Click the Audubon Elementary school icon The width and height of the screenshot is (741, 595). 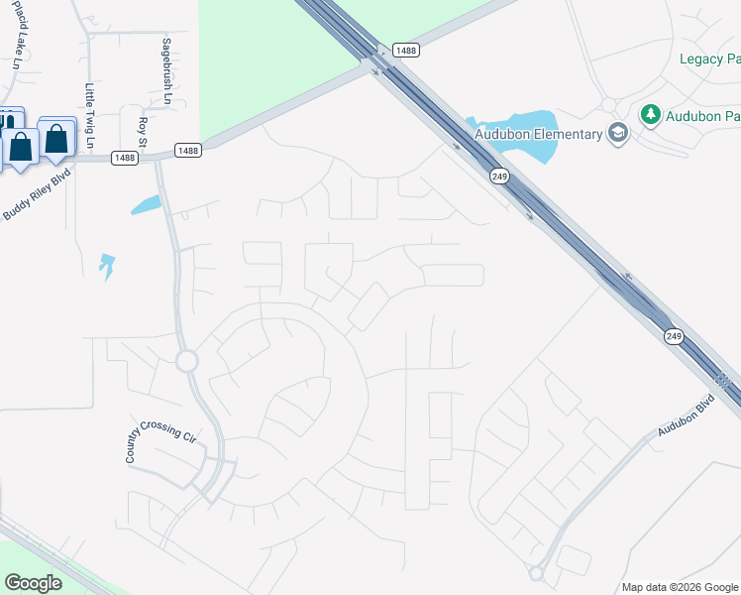tap(618, 134)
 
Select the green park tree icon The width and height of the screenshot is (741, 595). tap(651, 115)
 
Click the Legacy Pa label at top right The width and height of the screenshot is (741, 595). tap(709, 59)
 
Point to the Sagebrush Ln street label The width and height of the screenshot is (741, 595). tap(166, 72)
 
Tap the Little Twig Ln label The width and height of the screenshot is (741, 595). tap(89, 115)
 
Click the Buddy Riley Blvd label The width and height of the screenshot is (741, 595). tap(34, 188)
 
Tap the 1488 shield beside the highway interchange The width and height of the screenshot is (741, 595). tap(405, 50)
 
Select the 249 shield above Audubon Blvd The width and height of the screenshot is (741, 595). tap(675, 336)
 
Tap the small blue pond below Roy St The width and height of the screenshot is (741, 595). tap(146, 205)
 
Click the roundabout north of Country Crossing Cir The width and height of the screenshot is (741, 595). tap(186, 361)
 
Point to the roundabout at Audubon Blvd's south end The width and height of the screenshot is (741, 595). tap(538, 573)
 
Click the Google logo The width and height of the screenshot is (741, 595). tap(33, 583)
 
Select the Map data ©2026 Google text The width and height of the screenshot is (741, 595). tap(680, 587)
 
